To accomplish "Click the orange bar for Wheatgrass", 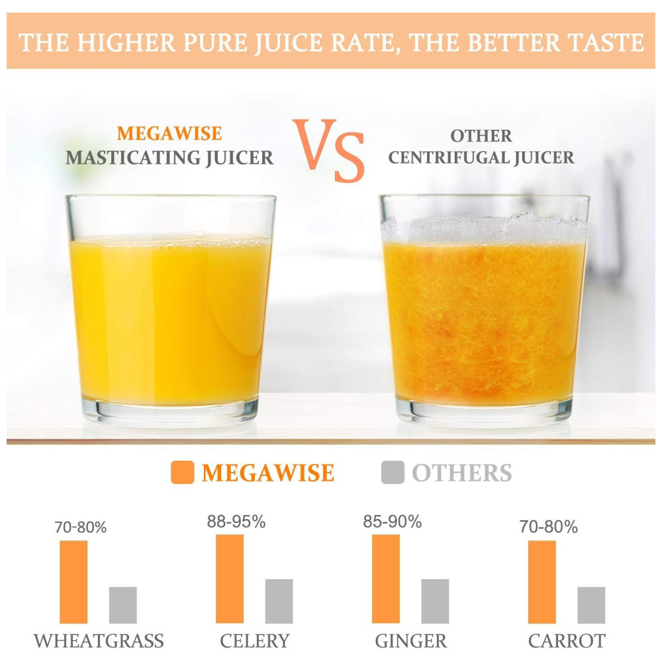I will (73, 582).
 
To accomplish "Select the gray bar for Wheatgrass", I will (122, 605).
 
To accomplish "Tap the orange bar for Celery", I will (230, 579).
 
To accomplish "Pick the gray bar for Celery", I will (279, 601).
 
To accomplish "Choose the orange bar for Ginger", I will (386, 579).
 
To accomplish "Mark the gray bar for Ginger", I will (435, 601).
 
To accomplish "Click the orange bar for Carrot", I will (542, 582).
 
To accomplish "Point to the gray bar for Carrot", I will (591, 605).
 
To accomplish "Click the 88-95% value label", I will (236, 522).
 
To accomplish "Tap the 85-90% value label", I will (392, 522).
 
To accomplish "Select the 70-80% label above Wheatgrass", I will (80, 528).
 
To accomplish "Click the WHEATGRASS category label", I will (99, 641).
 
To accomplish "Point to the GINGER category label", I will (410, 641).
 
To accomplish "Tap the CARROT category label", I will (567, 641).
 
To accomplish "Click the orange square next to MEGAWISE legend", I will (182, 473).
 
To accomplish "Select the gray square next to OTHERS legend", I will (393, 473).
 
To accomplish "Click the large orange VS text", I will (329, 151).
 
